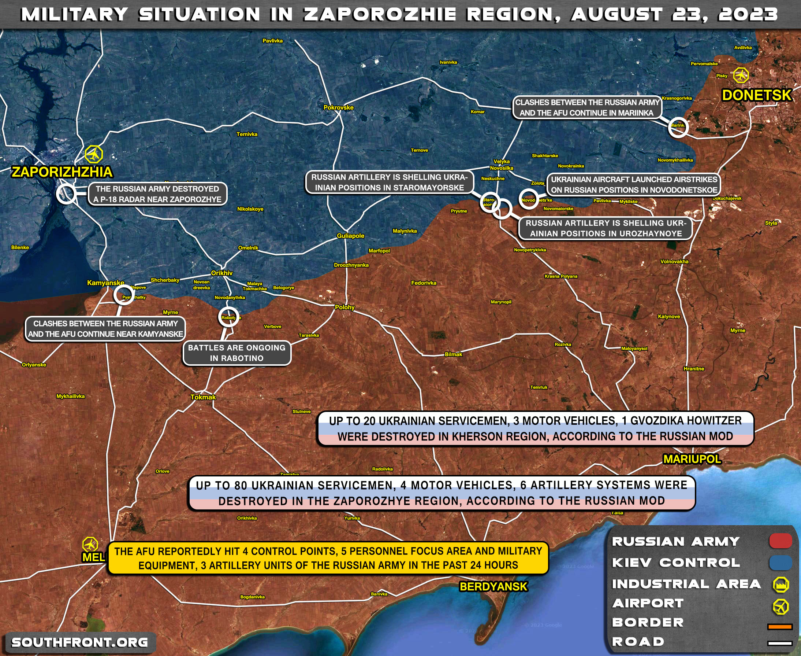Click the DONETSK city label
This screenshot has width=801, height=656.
coord(756,95)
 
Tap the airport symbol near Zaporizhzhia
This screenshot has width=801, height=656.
coord(94,154)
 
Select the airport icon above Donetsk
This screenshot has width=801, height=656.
coord(741,75)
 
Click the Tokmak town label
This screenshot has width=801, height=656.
coord(203,397)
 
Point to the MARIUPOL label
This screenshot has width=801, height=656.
coord(692,459)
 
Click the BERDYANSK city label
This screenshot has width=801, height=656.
coord(493,586)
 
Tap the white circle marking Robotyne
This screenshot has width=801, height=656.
coord(228,317)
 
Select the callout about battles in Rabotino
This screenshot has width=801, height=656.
coord(237,353)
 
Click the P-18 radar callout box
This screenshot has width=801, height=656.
coord(157,194)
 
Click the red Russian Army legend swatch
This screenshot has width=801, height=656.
coord(780,541)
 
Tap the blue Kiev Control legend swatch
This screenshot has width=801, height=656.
coord(780,562)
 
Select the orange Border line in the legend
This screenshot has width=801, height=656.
coord(779,627)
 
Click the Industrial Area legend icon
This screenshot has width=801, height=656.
coord(780,585)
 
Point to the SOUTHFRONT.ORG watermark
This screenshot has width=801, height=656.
coord(80,642)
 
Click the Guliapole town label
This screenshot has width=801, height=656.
coord(350,236)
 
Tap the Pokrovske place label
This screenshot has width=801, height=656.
coord(338,107)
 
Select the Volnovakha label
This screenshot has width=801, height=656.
coord(674,262)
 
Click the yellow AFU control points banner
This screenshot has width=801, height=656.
coord(328,558)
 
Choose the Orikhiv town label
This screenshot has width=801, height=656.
coord(221,273)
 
